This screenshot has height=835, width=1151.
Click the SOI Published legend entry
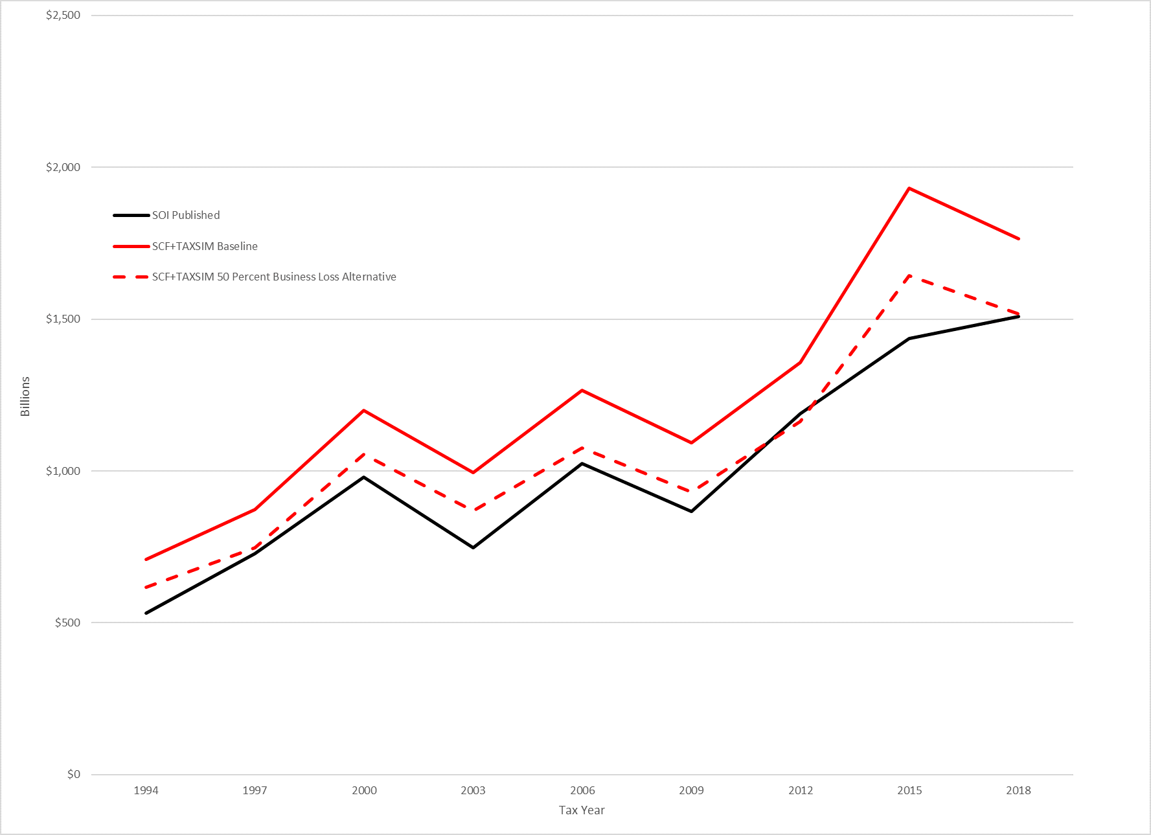[186, 215]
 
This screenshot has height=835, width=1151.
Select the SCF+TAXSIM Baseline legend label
[205, 246]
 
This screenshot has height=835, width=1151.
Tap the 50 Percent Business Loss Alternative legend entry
[274, 277]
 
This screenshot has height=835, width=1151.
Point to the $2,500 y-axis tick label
[63, 16]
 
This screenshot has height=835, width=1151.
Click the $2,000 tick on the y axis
[63, 167]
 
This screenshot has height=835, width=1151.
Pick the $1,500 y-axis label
[63, 319]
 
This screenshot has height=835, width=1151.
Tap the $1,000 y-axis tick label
[63, 471]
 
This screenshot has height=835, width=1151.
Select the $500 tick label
[67, 623]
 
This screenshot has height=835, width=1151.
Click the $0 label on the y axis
[74, 774]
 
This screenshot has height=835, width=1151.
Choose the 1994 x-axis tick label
[146, 790]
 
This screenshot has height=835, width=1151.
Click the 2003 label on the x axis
[473, 790]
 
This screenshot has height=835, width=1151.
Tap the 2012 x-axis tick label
[801, 790]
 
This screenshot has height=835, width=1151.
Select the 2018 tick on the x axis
[1018, 790]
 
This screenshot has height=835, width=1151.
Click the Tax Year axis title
[582, 810]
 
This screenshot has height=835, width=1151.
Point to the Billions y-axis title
[25, 396]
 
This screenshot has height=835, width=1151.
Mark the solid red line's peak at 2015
[909, 189]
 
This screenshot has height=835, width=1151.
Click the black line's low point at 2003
[473, 547]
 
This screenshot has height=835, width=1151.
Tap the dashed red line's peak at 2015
[909, 276]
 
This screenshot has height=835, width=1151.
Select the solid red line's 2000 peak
[364, 410]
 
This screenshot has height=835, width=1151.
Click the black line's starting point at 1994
[146, 613]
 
